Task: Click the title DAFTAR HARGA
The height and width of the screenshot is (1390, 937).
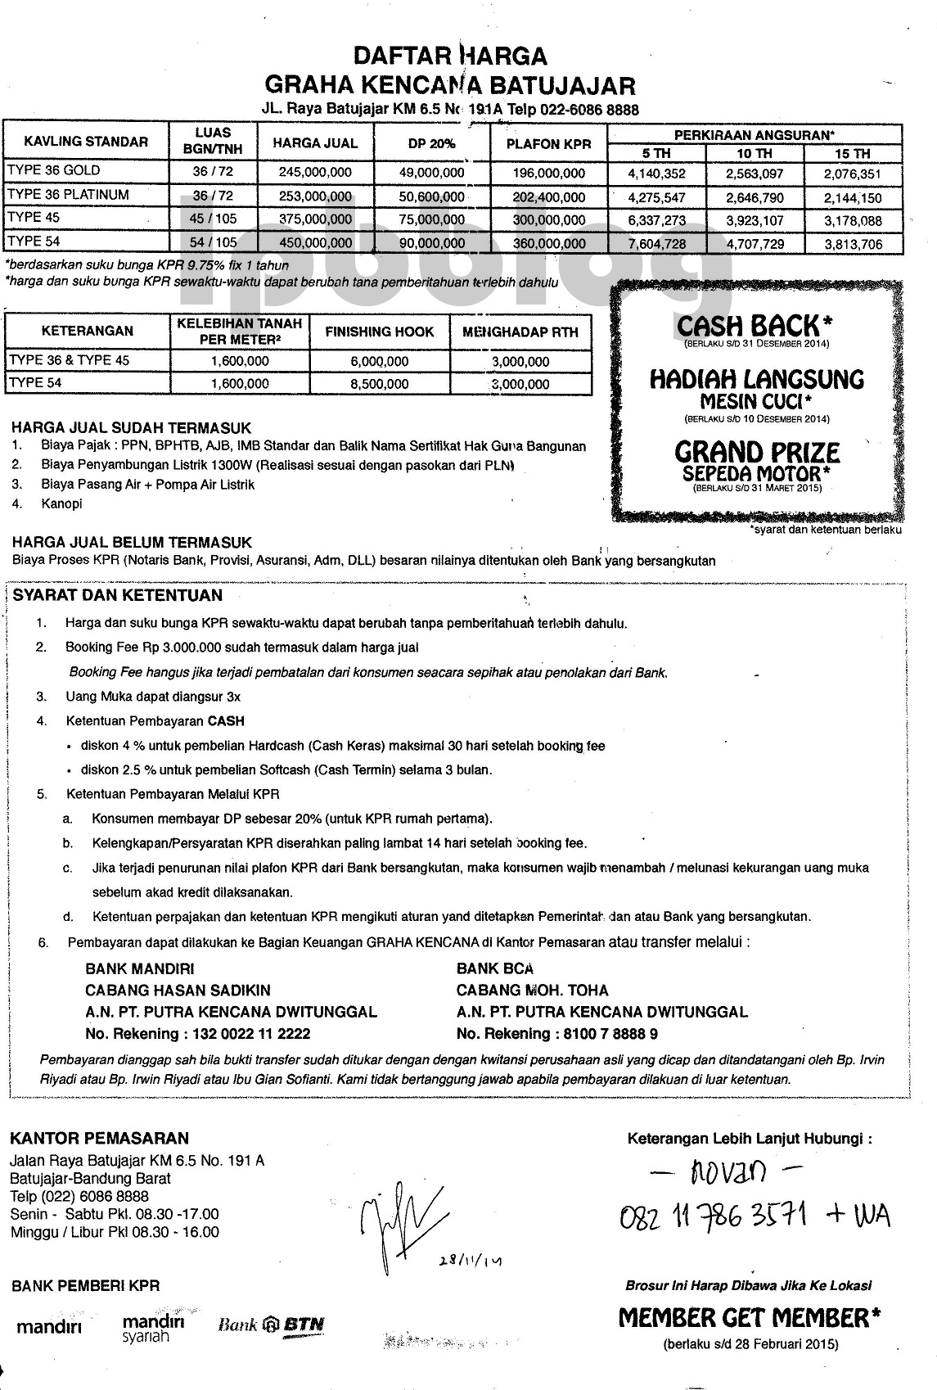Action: (449, 56)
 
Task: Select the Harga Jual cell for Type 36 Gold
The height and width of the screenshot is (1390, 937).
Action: (315, 172)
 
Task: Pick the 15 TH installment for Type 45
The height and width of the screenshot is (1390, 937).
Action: (853, 220)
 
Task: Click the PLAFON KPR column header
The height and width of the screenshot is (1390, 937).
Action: (548, 143)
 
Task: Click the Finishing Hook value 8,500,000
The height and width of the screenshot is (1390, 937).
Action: (379, 383)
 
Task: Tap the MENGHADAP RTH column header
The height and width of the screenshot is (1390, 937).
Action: (520, 332)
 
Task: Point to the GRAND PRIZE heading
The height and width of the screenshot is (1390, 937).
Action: (757, 453)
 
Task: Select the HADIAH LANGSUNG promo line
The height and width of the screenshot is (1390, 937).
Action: (757, 379)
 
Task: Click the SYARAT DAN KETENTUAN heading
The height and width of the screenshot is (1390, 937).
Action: (118, 596)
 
